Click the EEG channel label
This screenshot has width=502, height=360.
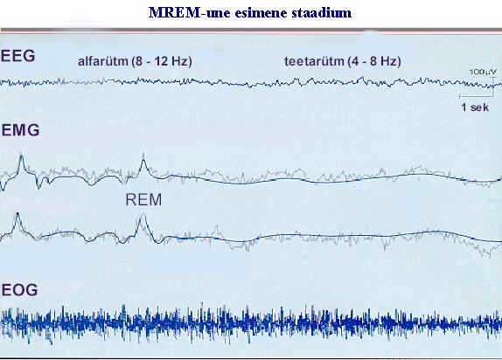[x=17, y=56]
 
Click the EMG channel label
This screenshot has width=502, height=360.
[x=20, y=130]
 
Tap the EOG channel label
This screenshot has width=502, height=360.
[x=19, y=290]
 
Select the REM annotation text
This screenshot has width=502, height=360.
[x=143, y=200]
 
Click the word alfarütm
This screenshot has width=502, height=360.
[x=103, y=61]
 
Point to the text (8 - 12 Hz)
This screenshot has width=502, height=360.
[x=162, y=61]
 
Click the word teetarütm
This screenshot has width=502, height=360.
[x=313, y=61]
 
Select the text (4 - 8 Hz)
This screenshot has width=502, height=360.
[x=373, y=61]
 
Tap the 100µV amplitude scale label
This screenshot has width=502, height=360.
[x=483, y=72]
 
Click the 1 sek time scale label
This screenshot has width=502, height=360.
[x=475, y=107]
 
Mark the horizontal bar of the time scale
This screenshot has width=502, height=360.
[x=476, y=96]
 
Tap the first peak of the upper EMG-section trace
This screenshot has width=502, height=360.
[x=21, y=156]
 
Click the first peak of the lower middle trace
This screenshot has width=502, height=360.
[x=17, y=214]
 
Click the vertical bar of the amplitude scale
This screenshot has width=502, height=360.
[x=492, y=86]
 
